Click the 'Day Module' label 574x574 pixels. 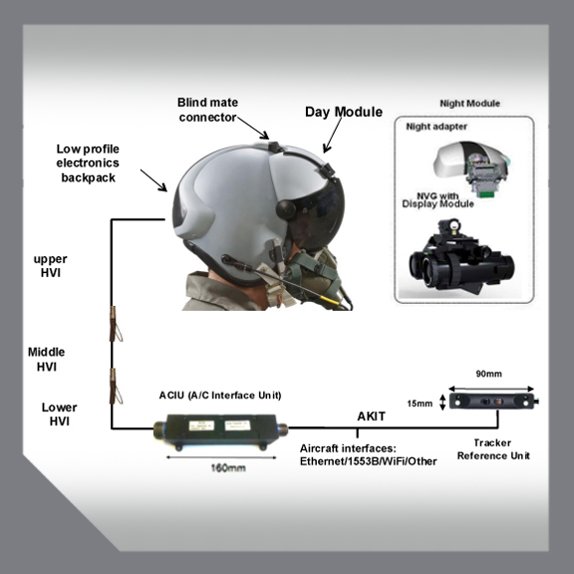click(x=342, y=112)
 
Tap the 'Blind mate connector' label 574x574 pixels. click(x=208, y=110)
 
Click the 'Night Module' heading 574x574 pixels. click(x=469, y=103)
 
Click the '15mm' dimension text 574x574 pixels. click(x=422, y=403)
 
